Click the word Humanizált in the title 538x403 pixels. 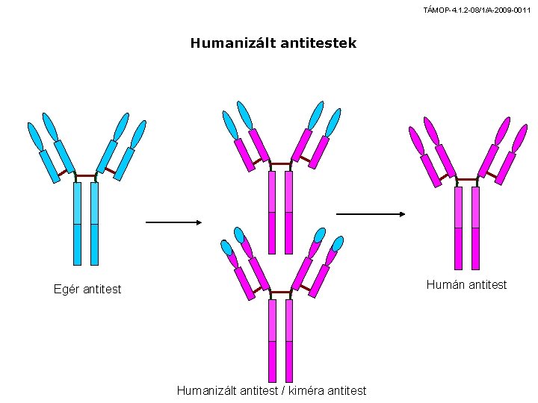point(232,43)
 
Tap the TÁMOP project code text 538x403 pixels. point(477,10)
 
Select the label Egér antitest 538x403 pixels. point(87,289)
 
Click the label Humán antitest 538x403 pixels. point(466,284)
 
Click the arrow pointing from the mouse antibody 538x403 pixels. point(173,222)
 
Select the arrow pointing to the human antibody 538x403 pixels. point(371,214)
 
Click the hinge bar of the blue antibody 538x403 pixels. point(86,176)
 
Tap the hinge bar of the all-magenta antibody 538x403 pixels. point(467,179)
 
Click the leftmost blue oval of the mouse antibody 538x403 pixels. point(35,137)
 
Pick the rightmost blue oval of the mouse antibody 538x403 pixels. point(139,134)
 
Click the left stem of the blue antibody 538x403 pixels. point(78,224)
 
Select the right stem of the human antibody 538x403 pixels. point(475,228)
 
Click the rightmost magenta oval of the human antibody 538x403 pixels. point(519,139)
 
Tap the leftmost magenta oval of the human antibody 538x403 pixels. point(416,140)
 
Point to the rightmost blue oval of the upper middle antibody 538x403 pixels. point(333,122)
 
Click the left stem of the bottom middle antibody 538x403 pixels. point(273,341)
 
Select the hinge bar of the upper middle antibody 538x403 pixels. point(281,163)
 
